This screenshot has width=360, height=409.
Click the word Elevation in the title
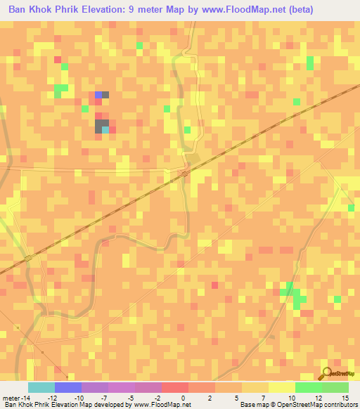[101, 10]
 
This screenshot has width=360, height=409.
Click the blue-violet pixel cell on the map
[98, 94]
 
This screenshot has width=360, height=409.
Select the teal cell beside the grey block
[105, 129]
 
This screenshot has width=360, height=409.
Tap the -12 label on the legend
[52, 398]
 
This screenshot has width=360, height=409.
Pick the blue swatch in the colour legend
[67, 387]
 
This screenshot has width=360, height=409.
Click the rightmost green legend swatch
[335, 387]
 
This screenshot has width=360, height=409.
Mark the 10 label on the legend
[291, 398]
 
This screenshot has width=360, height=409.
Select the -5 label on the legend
[131, 398]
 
